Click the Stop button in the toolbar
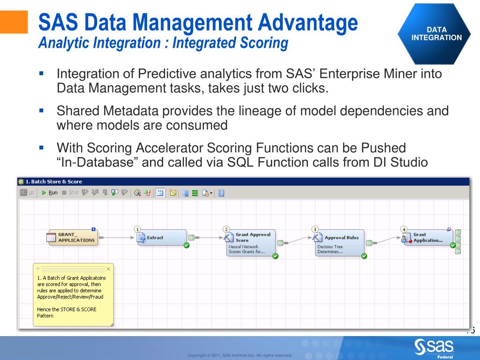71,193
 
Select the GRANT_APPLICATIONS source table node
72,237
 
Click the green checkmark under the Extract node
187,245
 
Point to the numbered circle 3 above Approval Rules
315,229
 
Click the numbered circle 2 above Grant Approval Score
226,229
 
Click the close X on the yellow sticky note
108,269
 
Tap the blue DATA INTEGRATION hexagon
436,34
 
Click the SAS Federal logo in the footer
434,348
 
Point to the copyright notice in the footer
240,355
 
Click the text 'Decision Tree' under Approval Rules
330,247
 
